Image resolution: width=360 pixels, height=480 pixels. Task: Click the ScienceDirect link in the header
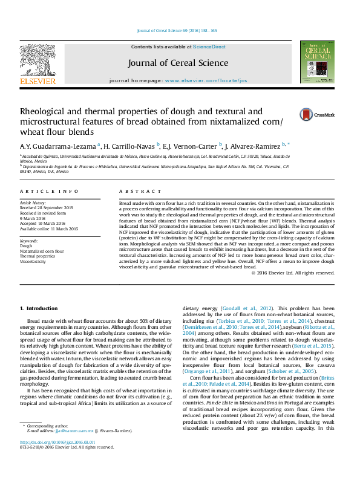tap(209, 47)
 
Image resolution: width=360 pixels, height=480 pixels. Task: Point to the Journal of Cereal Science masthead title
tap(178, 63)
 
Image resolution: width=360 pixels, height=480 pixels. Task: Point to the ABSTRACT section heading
tap(136, 191)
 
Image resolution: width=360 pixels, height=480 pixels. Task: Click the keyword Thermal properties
tap(38, 256)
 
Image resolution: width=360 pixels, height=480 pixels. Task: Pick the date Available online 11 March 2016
tap(49, 229)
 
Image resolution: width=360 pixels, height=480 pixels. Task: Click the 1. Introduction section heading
tap(39, 308)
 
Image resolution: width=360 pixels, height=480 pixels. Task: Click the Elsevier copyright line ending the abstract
tap(293, 273)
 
